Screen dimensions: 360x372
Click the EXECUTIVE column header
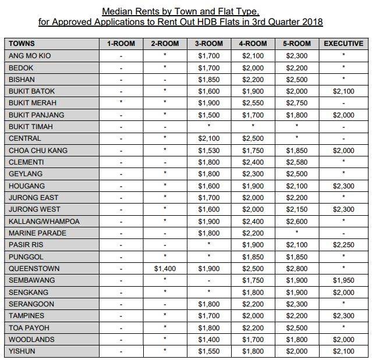[343, 44]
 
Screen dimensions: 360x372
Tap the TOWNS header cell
[22, 44]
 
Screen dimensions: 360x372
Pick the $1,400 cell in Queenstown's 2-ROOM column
[164, 269]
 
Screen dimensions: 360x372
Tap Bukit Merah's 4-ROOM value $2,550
[252, 103]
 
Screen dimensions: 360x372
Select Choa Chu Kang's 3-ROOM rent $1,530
[208, 150]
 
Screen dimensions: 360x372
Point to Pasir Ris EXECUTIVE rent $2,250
[343, 245]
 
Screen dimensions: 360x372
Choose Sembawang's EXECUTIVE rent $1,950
[343, 280]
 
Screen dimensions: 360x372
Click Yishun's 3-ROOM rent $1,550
[208, 351]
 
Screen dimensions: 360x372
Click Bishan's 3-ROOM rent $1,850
[208, 79]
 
